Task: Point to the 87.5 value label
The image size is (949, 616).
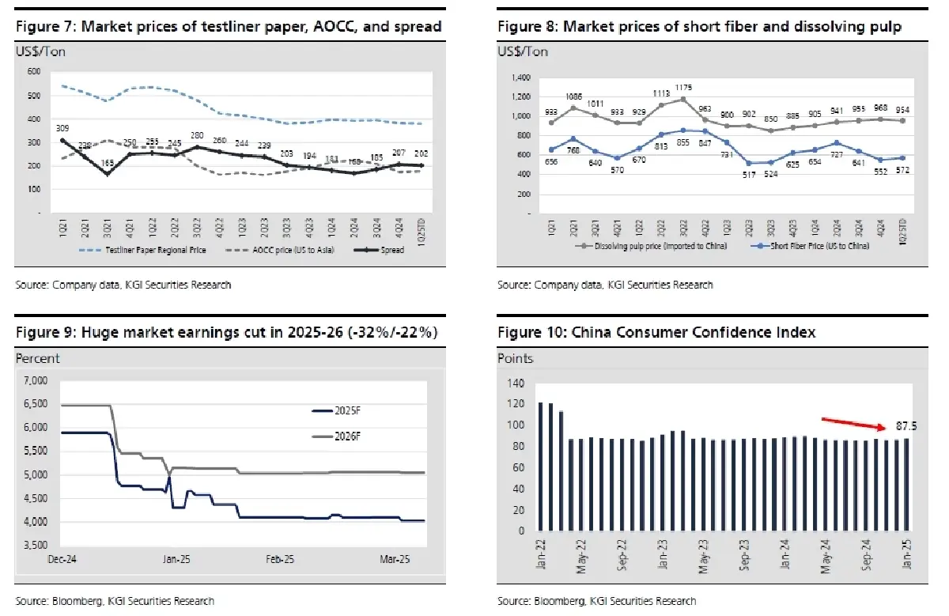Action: [901, 425]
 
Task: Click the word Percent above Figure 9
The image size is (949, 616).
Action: [38, 358]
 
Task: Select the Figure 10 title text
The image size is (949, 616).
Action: [656, 333]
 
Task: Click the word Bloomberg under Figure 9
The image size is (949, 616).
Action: [73, 601]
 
